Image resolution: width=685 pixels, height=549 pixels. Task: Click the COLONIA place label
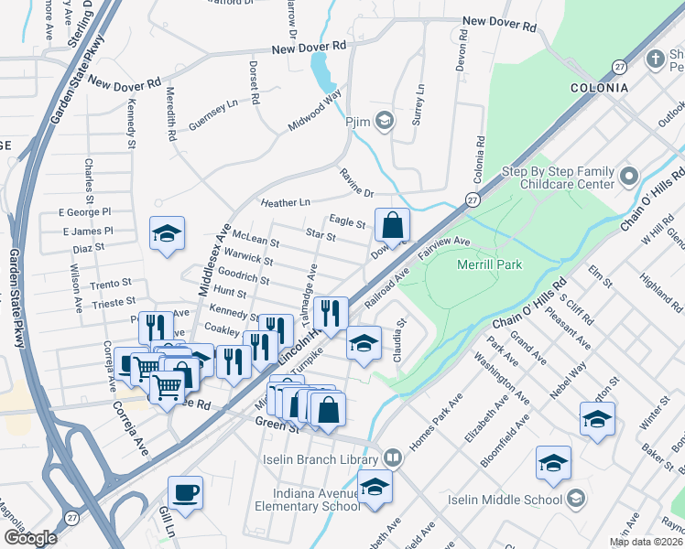pos(599,88)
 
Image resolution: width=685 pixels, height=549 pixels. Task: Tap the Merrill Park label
pos(487,264)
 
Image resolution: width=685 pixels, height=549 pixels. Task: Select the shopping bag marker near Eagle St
pos(391,224)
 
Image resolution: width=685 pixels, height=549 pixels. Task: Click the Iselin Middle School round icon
pos(576,500)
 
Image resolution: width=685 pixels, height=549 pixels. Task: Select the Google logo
pos(30,538)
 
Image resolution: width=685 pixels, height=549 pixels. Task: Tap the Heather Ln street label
pos(286,201)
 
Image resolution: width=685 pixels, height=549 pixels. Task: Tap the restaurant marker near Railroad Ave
pos(331,313)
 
